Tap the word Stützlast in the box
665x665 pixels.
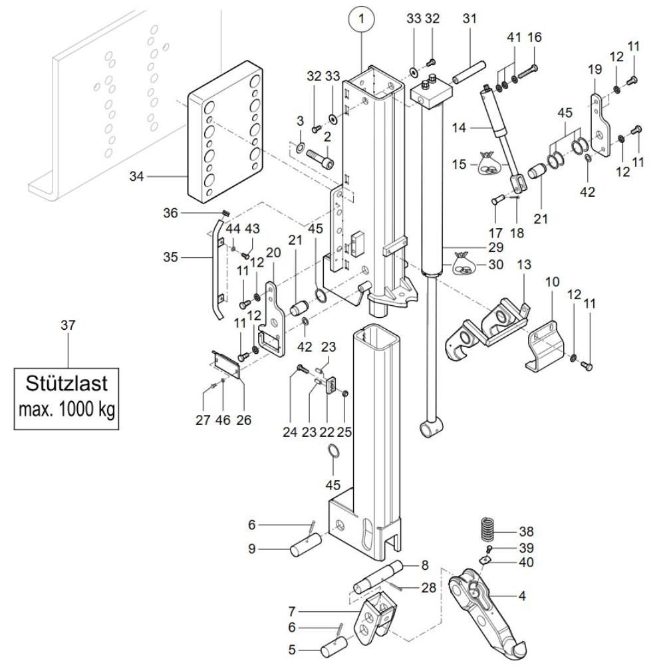[x=66, y=384]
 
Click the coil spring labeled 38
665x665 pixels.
[x=489, y=530]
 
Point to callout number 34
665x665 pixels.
[x=136, y=176]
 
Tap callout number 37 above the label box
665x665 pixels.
[x=67, y=325]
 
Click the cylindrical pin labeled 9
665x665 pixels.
[x=303, y=551]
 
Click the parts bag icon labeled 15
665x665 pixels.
[x=489, y=164]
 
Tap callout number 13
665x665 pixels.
[x=524, y=265]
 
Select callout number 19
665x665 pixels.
[x=594, y=68]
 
